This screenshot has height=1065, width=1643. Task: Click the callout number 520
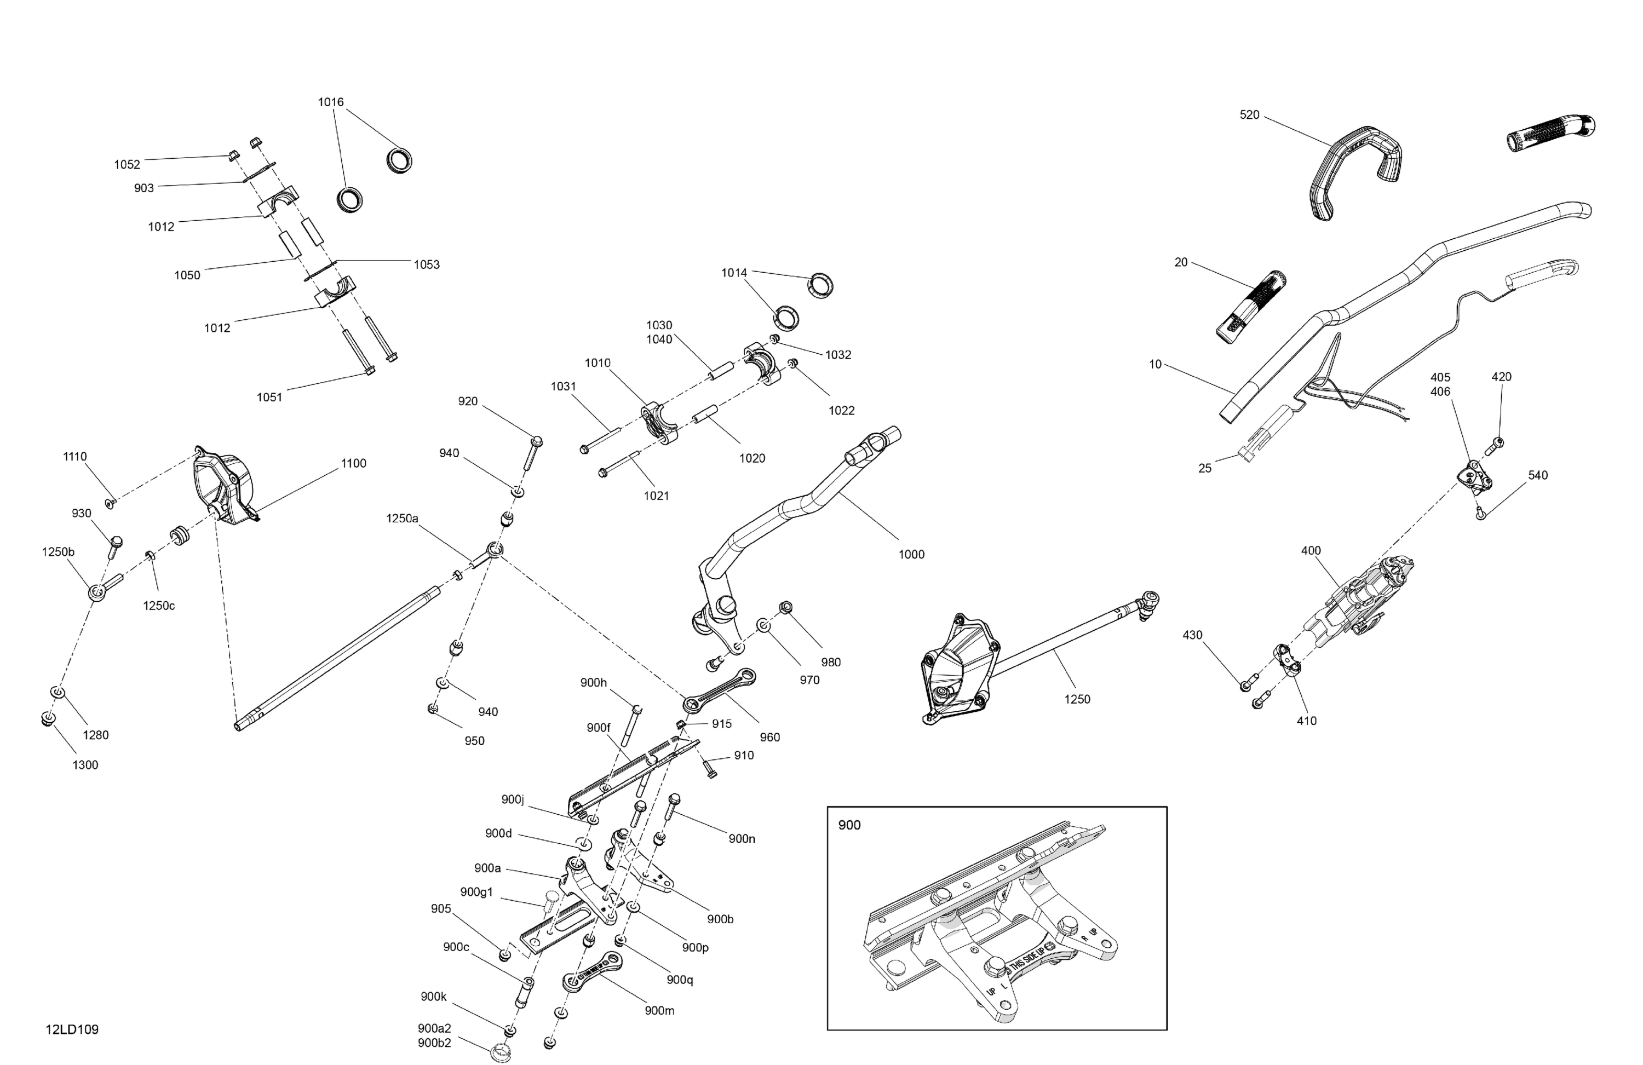point(1250,114)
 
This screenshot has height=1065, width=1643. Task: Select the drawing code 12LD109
point(72,1030)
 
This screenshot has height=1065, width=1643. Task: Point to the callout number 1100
point(353,463)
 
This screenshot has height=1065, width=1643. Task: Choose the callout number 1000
point(911,554)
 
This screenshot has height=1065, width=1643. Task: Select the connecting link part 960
point(718,690)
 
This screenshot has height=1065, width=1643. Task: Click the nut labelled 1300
point(46,719)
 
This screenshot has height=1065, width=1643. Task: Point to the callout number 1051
point(269,397)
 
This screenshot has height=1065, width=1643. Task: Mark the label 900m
point(659,1010)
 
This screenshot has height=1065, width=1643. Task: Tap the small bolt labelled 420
point(1497,443)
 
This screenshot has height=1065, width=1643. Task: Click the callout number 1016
point(331,102)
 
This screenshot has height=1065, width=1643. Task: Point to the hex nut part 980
point(785,607)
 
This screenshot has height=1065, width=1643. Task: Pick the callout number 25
point(1205,468)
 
